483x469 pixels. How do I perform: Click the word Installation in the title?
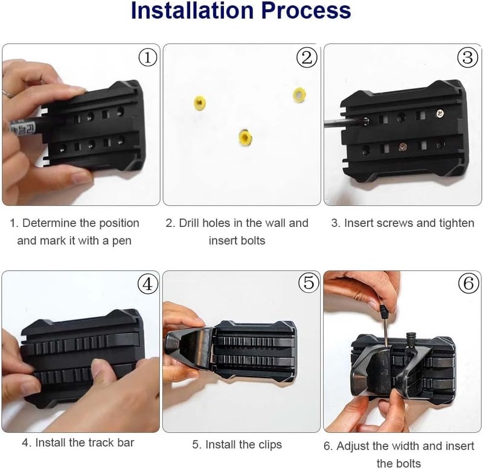pyautogui.click(x=193, y=10)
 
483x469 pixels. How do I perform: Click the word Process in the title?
pyautogui.click(x=306, y=10)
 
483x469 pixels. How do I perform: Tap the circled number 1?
pyautogui.click(x=148, y=57)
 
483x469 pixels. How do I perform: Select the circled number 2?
pyautogui.click(x=307, y=57)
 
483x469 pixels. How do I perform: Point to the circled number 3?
pyautogui.click(x=467, y=57)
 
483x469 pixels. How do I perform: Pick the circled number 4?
pyautogui.click(x=147, y=284)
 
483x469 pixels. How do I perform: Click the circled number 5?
pyautogui.click(x=309, y=282)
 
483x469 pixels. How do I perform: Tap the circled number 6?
pyautogui.click(x=469, y=283)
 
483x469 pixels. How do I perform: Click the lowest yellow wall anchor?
pyautogui.click(x=246, y=138)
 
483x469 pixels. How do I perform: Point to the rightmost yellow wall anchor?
pyautogui.click(x=299, y=95)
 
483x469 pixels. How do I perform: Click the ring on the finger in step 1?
pyautogui.click(x=7, y=94)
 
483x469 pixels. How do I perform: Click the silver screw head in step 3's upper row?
pyautogui.click(x=440, y=114)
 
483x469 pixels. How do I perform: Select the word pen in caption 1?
pyautogui.click(x=122, y=241)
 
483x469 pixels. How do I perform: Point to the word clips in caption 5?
pyautogui.click(x=270, y=444)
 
